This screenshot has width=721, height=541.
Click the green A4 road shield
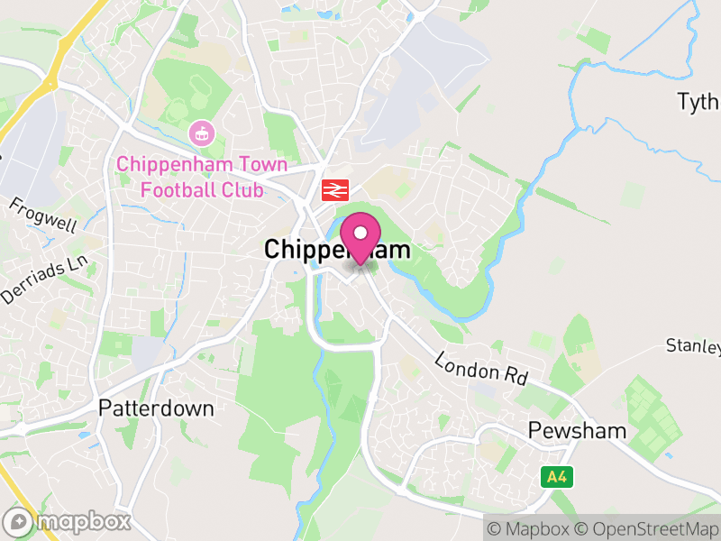(x=556, y=478)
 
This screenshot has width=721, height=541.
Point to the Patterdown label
(x=157, y=408)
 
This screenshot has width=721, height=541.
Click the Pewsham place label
(x=578, y=430)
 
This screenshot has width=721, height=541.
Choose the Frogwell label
(x=43, y=215)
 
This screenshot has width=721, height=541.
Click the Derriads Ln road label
(x=47, y=280)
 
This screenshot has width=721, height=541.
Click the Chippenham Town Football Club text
(x=201, y=177)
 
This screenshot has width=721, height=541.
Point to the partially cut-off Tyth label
(x=698, y=101)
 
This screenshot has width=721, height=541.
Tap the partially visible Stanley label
(x=694, y=345)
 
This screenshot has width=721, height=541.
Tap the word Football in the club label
(x=183, y=189)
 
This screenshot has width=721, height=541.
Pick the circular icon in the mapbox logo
(x=17, y=521)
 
